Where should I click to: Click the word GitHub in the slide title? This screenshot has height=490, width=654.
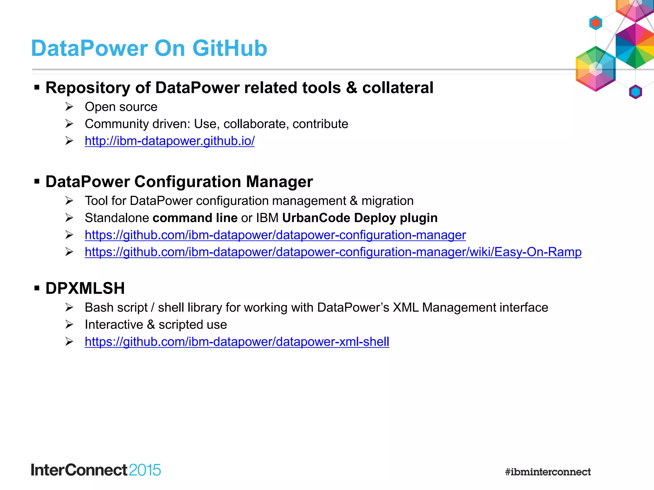(x=230, y=48)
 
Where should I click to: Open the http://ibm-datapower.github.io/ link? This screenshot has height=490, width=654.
(x=170, y=141)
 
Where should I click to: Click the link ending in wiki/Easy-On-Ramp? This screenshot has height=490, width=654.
(x=333, y=252)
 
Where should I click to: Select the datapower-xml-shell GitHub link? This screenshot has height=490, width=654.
(x=237, y=342)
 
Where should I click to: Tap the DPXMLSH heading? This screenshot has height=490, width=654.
(x=85, y=288)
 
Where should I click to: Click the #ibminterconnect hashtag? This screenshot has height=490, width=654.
(x=548, y=471)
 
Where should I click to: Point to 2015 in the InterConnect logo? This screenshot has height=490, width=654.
(x=145, y=470)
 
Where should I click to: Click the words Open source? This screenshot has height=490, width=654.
(x=121, y=107)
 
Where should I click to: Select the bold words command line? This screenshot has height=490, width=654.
(x=195, y=218)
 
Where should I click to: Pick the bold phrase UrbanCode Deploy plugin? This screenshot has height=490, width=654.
(x=360, y=218)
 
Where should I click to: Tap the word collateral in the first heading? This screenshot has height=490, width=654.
(x=398, y=88)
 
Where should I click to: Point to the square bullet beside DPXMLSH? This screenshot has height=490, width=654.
(x=37, y=288)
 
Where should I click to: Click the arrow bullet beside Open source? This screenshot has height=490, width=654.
(x=69, y=107)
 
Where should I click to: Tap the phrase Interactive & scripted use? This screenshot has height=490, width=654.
(x=156, y=325)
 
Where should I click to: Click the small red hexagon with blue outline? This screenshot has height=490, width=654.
(x=596, y=23)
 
